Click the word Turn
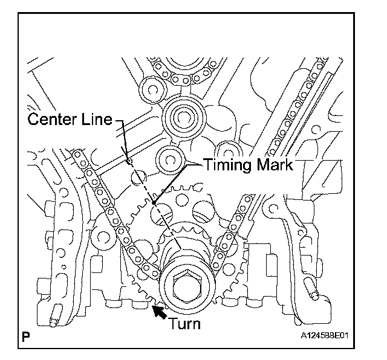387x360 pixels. click(185, 324)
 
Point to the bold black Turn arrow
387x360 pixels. click(159, 312)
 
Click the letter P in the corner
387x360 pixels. click(25, 337)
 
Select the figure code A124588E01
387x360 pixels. click(324, 336)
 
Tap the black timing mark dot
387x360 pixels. click(154, 203)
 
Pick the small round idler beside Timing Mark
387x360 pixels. click(171, 160)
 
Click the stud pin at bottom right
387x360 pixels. click(312, 289)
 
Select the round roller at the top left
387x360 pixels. click(153, 89)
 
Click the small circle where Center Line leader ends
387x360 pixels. click(129, 161)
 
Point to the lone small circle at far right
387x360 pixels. click(316, 129)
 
